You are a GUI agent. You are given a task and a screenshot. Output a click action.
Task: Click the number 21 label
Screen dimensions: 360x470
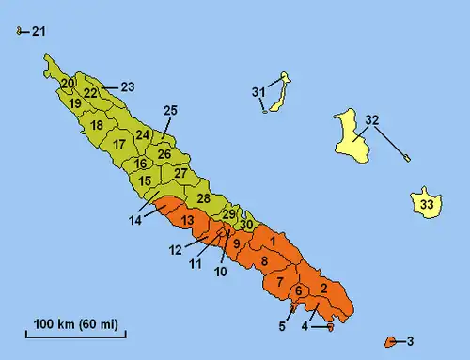click(38, 32)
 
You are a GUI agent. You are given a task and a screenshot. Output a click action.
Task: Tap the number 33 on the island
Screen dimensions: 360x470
click(427, 204)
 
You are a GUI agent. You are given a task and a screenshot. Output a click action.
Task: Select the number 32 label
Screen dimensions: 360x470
click(372, 120)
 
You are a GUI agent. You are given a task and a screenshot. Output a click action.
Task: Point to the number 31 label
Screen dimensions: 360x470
click(259, 91)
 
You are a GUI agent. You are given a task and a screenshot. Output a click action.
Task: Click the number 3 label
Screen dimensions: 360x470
click(410, 340)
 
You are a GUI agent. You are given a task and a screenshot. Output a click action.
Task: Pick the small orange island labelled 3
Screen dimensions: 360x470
click(389, 340)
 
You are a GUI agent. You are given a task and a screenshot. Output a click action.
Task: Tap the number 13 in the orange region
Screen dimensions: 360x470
click(188, 221)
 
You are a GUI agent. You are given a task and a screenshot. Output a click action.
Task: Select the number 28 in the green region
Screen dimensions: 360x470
click(203, 198)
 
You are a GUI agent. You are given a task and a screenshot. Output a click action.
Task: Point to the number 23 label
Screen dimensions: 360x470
click(128, 87)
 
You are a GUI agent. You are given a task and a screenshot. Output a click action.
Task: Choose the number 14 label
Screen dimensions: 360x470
click(136, 220)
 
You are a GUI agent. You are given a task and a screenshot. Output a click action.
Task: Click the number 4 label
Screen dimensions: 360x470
click(305, 326)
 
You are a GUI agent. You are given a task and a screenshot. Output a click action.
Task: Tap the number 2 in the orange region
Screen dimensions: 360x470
click(323, 288)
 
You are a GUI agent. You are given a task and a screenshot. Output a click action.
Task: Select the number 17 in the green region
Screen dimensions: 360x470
click(118, 145)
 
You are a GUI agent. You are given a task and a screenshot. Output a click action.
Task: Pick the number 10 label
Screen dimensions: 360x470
click(222, 273)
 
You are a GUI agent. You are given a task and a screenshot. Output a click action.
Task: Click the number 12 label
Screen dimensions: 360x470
click(175, 250)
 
